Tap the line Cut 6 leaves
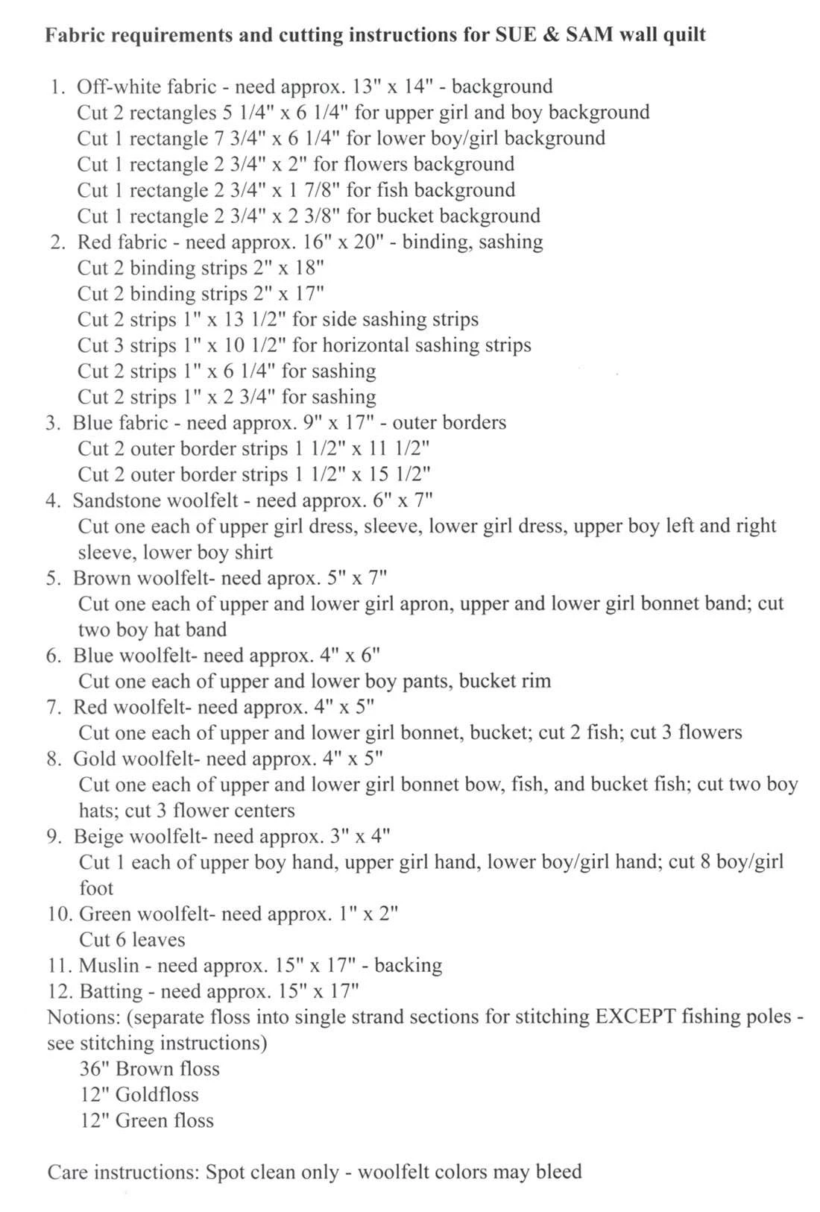(132, 939)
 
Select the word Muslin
(109, 965)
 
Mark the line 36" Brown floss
(149, 1069)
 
